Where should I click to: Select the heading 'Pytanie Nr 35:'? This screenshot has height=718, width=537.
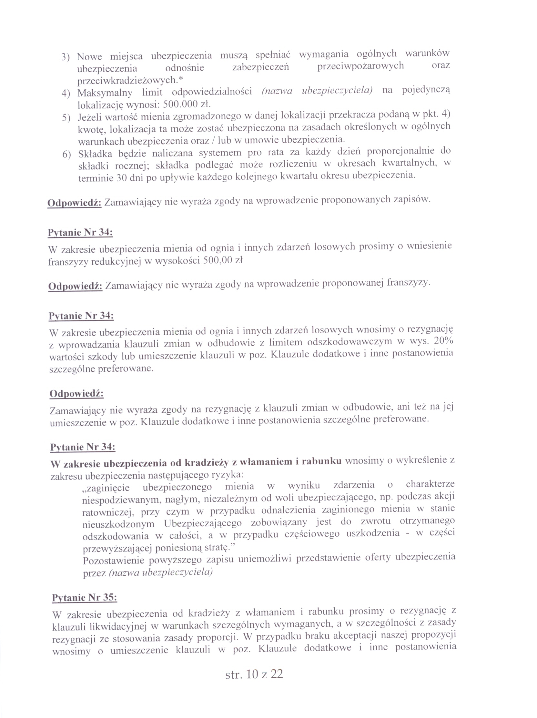85,598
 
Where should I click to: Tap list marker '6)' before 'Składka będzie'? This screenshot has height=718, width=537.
66,154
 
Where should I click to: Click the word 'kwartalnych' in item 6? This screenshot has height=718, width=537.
409,163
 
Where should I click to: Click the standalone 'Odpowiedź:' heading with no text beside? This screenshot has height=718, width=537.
76,394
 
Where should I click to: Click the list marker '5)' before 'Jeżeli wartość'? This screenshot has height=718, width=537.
66,117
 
